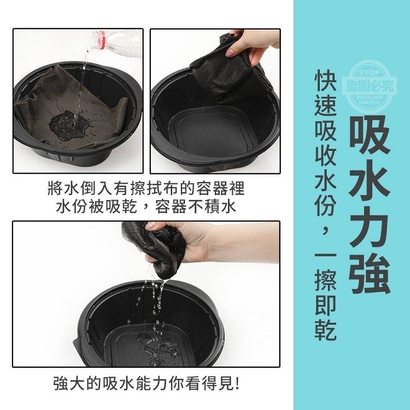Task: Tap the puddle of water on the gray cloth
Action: [69, 125]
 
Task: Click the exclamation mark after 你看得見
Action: [237, 383]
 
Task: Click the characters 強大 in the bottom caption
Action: [69, 383]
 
